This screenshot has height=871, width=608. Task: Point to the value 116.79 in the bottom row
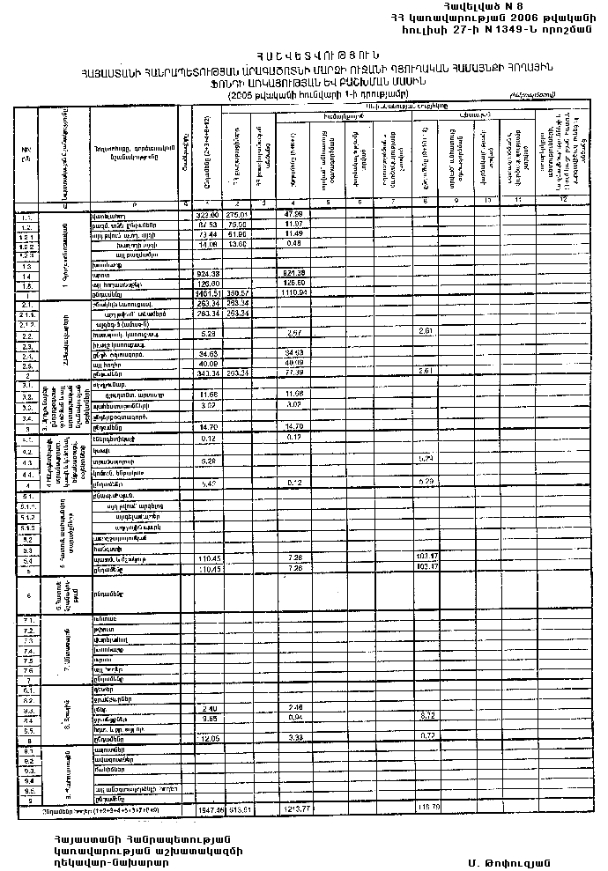coord(429,807)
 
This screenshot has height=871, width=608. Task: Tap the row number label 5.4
coord(28,560)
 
